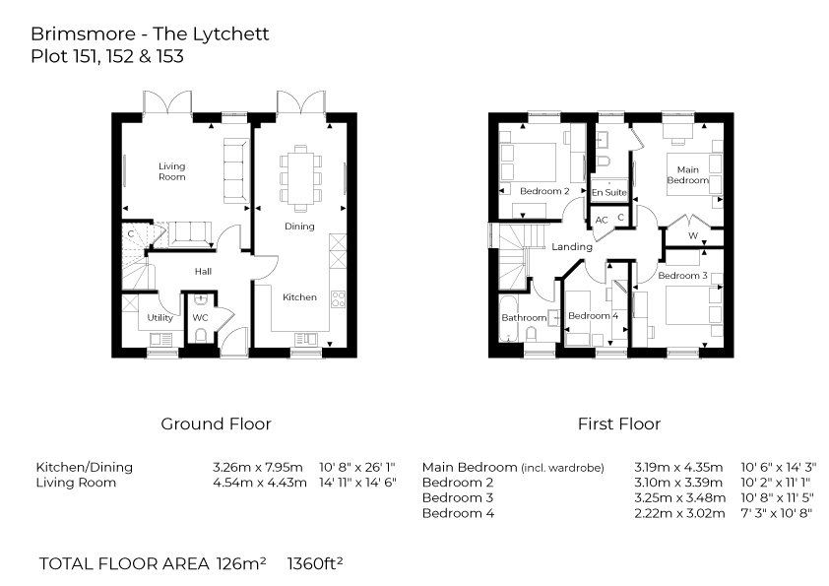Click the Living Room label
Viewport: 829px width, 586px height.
point(172,171)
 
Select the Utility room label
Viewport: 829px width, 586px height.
point(160,318)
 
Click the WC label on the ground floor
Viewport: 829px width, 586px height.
point(200,318)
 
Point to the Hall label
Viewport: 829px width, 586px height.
point(203,272)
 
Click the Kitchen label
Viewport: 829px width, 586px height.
point(299,297)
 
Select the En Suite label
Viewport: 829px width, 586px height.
point(609,192)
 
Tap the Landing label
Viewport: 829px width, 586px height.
point(572,246)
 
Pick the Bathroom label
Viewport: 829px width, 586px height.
point(524,318)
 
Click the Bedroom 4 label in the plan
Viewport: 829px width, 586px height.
point(594,316)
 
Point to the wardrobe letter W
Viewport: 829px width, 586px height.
point(693,236)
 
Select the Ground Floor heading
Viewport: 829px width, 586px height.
point(216,424)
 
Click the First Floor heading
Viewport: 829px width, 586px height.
point(618,424)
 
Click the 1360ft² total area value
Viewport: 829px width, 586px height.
point(314,564)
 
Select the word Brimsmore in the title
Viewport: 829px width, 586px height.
point(77,34)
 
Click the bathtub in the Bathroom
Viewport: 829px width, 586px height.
point(510,317)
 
